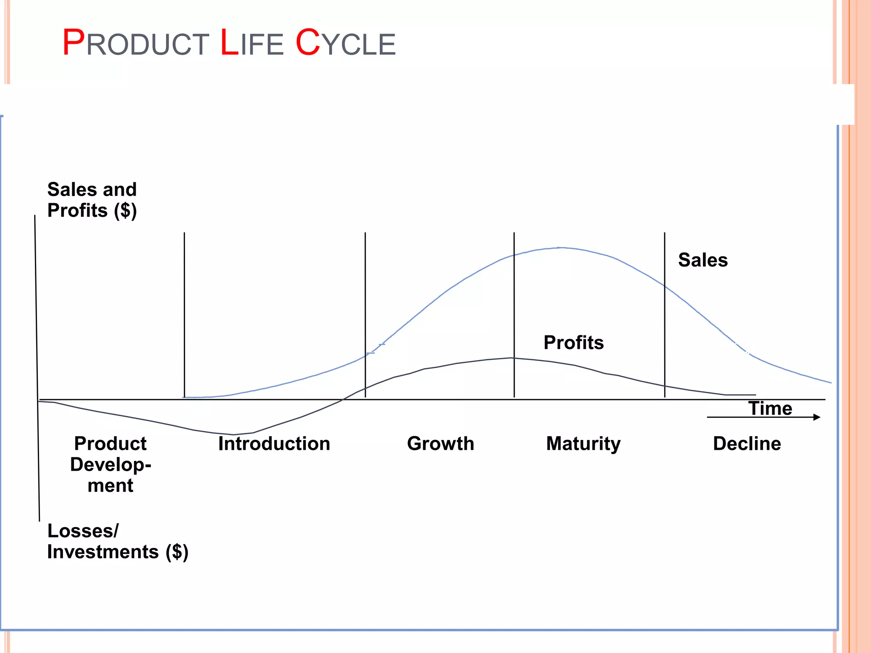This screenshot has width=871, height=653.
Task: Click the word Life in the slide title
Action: pyautogui.click(x=251, y=43)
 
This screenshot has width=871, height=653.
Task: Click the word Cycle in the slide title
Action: pyautogui.click(x=345, y=43)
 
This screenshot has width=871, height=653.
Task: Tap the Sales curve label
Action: pyautogui.click(x=703, y=260)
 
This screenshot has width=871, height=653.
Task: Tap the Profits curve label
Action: pyautogui.click(x=573, y=343)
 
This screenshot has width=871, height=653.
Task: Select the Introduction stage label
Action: pyautogui.click(x=274, y=444)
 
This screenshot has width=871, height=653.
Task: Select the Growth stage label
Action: pyautogui.click(x=440, y=444)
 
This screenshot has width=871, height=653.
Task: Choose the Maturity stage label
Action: pyautogui.click(x=583, y=444)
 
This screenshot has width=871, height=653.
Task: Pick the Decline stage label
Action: pyautogui.click(x=747, y=444)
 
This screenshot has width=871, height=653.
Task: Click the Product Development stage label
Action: pyautogui.click(x=110, y=464)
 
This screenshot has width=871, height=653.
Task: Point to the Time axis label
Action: pyautogui.click(x=770, y=409)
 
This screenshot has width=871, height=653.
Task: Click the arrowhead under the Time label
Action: pyautogui.click(x=817, y=417)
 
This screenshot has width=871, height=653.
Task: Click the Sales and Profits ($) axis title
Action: pyautogui.click(x=92, y=200)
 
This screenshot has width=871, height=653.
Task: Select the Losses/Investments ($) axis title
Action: pyautogui.click(x=117, y=541)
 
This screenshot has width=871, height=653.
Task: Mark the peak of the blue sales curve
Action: pyautogui.click(x=561, y=247)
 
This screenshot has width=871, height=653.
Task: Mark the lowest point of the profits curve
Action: pyautogui.click(x=233, y=434)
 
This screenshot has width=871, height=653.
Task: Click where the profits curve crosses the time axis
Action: pyautogui.click(x=343, y=400)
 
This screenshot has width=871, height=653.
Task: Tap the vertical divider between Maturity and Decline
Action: pyautogui.click(x=665, y=315)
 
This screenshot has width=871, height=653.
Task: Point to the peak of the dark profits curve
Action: pyautogui.click(x=512, y=358)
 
